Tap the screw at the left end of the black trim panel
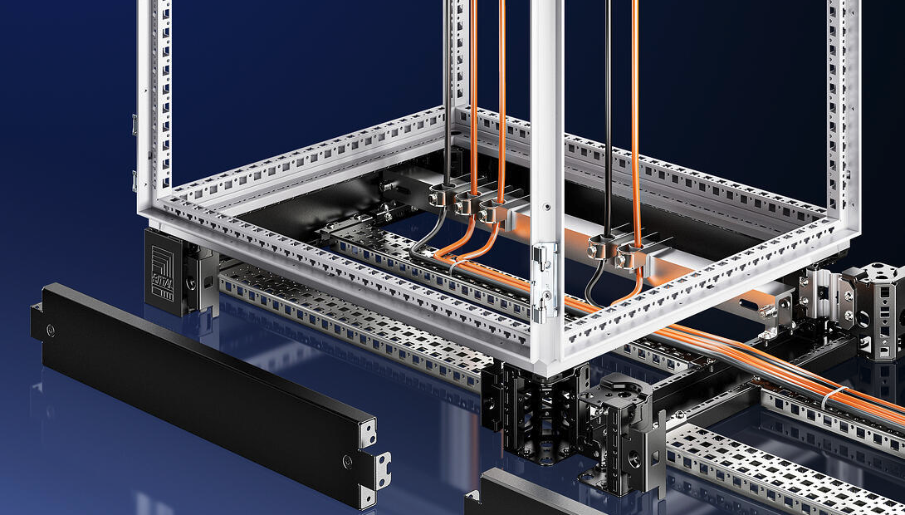[x=51, y=331]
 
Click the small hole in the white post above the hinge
[x=547, y=206]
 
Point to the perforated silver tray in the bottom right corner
[x=772, y=473]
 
